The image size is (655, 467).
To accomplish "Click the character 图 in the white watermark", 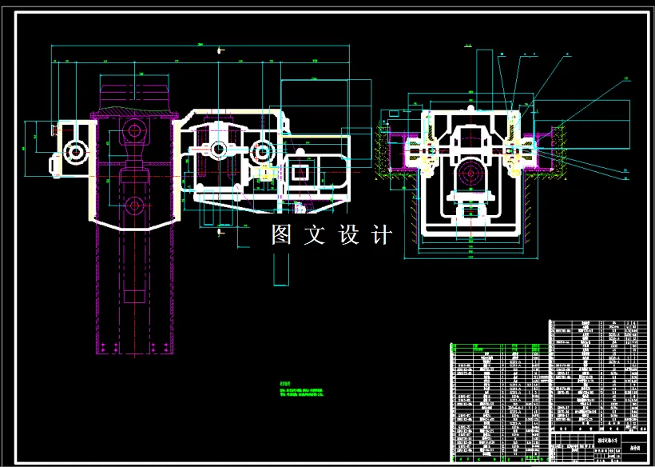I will pos(281,235).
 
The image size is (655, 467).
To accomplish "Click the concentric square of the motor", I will pos(302,172).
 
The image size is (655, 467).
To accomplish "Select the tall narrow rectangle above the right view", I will pos(482,77).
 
